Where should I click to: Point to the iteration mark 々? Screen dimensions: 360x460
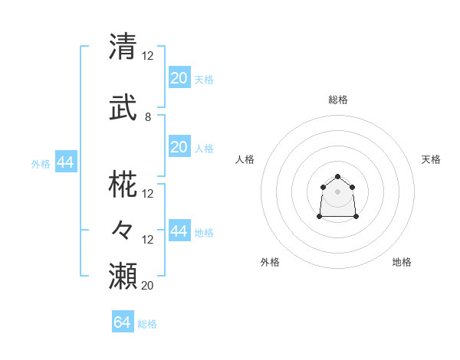123,229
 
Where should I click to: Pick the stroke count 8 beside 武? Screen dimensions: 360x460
148,117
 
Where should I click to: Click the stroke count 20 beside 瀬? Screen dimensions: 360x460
148,286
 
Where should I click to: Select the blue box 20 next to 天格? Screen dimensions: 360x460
179,78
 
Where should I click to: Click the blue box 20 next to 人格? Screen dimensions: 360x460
179,147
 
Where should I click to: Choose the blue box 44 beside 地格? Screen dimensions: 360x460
179,231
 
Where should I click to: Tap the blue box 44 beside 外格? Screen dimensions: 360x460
65,162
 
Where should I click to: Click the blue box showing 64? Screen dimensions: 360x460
123,322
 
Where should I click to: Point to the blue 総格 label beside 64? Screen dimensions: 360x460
147,324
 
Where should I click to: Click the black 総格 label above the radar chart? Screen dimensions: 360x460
337,100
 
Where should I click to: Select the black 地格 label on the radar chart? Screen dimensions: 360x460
402,262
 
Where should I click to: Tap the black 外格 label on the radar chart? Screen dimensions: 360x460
270,262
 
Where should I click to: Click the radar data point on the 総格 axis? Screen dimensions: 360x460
337,177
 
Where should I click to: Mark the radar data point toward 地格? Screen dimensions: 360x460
356,217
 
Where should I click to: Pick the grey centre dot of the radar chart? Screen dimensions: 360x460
337,191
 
